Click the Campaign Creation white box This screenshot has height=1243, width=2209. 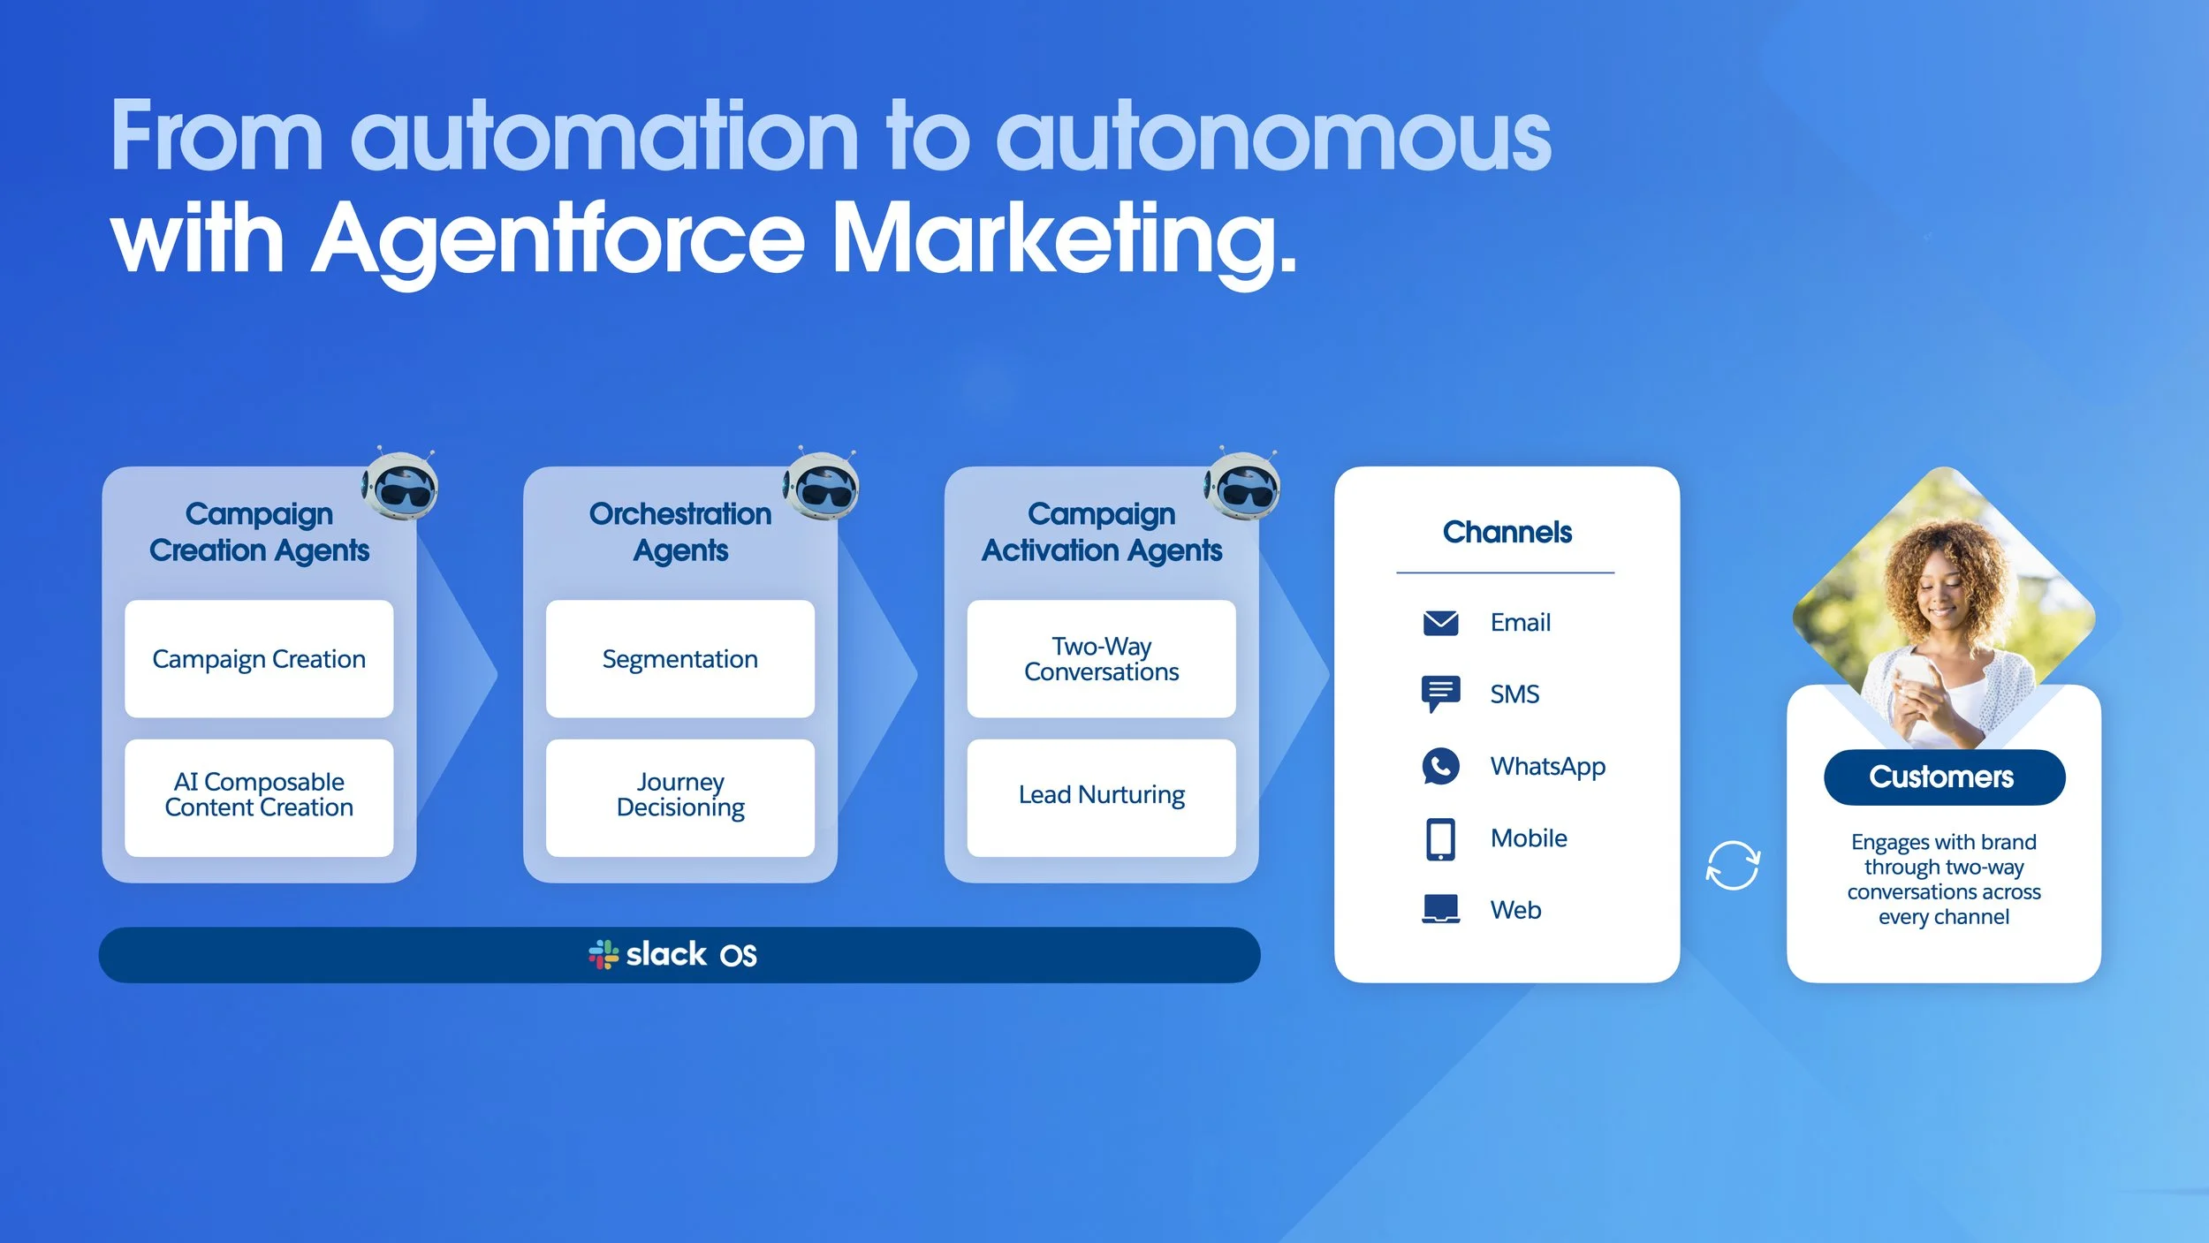click(x=259, y=659)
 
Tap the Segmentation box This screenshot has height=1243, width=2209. click(x=679, y=659)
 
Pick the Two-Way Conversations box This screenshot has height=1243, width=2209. click(x=1101, y=659)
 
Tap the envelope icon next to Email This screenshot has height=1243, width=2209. click(x=1440, y=623)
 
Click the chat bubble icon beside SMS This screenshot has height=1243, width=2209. click(x=1440, y=694)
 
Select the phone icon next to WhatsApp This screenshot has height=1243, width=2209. click(x=1440, y=766)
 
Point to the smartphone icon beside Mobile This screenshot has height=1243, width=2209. click(x=1440, y=838)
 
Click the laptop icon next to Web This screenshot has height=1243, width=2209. click(x=1440, y=909)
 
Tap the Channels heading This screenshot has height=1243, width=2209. click(x=1507, y=532)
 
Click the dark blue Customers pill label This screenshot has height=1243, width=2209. click(x=1943, y=777)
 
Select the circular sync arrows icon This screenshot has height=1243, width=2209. click(x=1732, y=866)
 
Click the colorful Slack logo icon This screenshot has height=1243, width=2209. click(x=603, y=955)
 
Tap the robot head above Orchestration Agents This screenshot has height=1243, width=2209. click(x=821, y=486)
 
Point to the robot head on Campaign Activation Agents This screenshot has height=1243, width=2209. click(x=1241, y=486)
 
